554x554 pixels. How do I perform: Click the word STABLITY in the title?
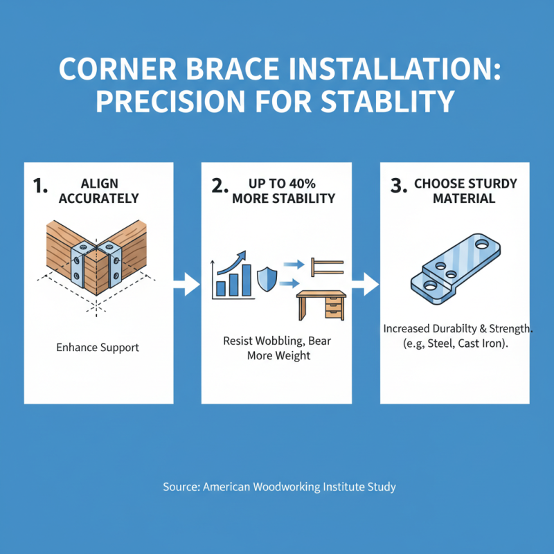[x=387, y=102]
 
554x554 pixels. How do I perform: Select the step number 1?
[x=40, y=186]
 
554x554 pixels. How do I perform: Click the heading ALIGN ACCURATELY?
[x=100, y=190]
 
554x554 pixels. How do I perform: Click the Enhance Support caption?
[x=98, y=347]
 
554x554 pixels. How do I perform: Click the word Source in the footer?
[x=181, y=487]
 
